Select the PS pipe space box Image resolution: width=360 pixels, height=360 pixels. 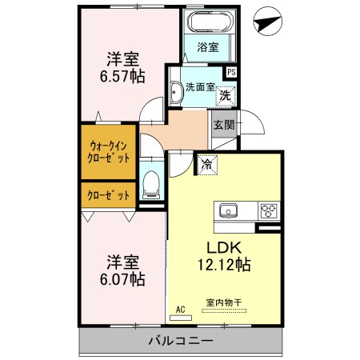[231, 72]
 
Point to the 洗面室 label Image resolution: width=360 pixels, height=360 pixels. [200, 87]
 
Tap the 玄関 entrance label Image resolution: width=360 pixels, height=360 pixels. [224, 124]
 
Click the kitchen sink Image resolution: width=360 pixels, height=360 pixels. [229, 211]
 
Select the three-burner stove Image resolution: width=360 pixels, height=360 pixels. [268, 211]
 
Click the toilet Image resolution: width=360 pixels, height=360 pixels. [150, 186]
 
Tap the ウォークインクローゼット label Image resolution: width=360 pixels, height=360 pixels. [109, 151]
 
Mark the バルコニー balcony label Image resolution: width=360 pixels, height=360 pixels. [180, 342]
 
